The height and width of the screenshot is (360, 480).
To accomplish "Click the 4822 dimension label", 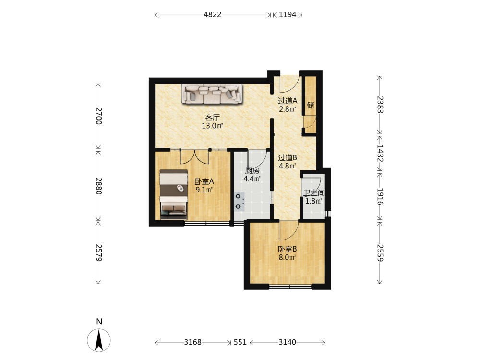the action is click(x=213, y=15).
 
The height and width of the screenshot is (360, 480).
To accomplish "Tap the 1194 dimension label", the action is click(x=288, y=15).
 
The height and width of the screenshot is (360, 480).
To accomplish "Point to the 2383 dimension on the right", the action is click(x=380, y=105).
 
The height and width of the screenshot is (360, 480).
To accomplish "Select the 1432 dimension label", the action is click(x=380, y=154).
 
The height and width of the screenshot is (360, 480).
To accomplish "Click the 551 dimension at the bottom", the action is click(x=240, y=342).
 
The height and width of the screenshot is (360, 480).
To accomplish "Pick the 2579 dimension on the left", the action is click(x=98, y=253).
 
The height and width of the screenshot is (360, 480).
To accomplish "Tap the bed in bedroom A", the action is click(x=174, y=195).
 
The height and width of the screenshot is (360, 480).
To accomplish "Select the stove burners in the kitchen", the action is click(x=239, y=201).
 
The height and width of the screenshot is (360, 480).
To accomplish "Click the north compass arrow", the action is click(x=98, y=340).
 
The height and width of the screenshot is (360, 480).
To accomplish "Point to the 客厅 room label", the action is click(x=213, y=117).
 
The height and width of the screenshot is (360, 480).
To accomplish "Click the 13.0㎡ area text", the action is click(x=212, y=125).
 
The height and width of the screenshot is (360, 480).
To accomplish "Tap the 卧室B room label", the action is click(x=287, y=249).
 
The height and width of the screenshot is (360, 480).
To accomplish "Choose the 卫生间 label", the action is click(x=314, y=193).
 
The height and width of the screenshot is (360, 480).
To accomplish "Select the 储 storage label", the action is click(x=311, y=105).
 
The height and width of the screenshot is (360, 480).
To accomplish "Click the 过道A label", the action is click(x=288, y=101).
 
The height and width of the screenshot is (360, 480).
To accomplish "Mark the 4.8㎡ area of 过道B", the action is click(x=287, y=166).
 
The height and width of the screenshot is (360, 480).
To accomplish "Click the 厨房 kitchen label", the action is click(x=252, y=171).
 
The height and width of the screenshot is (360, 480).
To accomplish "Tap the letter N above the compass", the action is click(x=99, y=322).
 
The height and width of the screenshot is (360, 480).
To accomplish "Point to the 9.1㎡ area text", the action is click(x=204, y=190).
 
